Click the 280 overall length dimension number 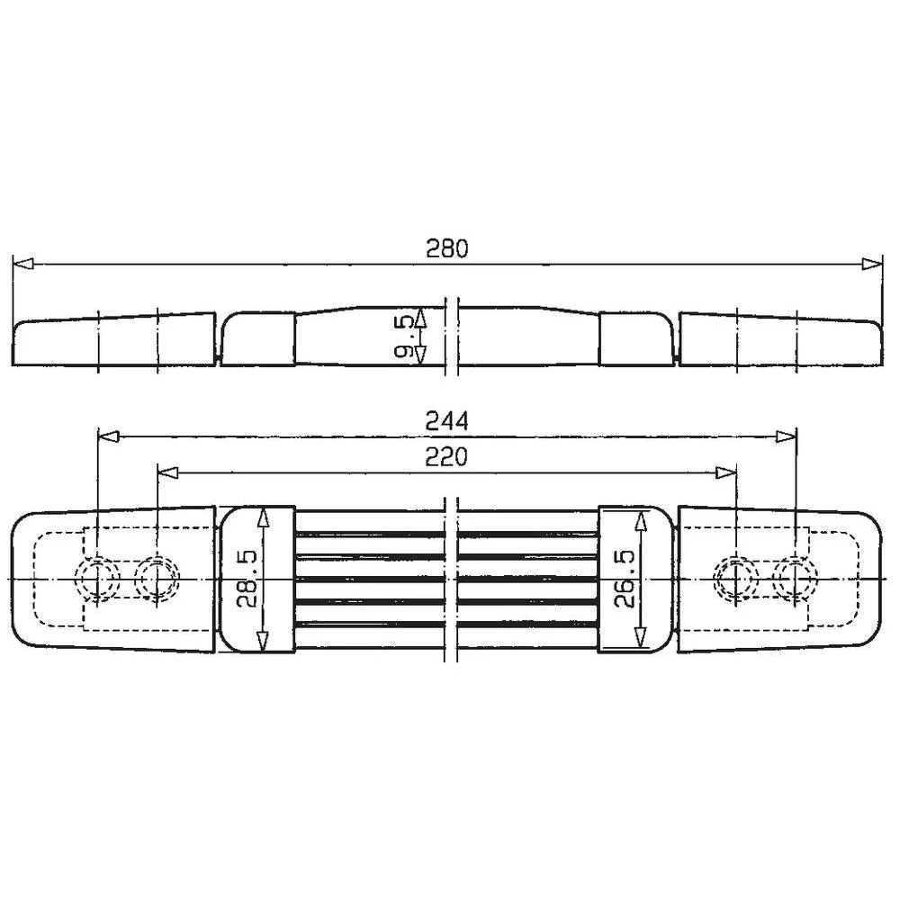tap(447, 249)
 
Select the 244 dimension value tap(447, 421)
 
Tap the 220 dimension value tap(447, 457)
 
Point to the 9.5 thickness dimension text tap(405, 337)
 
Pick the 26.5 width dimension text tap(626, 578)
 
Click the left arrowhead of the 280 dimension tap(22, 264)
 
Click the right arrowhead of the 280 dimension tap(871, 264)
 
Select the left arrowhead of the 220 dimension tap(167, 472)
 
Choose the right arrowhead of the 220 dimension tap(726, 472)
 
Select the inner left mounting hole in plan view tap(157, 577)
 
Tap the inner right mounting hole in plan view tap(736, 577)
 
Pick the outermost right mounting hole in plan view tap(796, 577)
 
